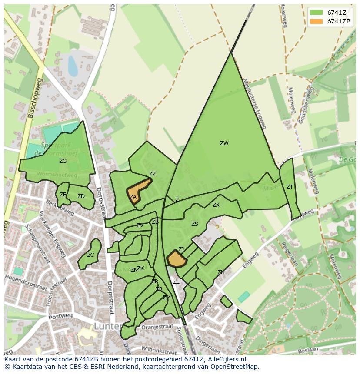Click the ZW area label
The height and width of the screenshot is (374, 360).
point(224,143)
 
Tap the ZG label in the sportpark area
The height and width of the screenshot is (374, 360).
point(63,161)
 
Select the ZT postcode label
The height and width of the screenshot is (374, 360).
point(290,187)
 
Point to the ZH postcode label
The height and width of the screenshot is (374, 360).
point(221,272)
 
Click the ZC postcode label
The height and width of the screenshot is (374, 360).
point(90,255)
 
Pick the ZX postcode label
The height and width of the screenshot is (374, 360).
point(216,205)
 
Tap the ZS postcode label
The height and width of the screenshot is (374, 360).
point(195,224)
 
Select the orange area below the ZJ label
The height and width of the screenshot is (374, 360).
point(177,260)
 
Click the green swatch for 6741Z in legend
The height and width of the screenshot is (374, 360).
point(316,13)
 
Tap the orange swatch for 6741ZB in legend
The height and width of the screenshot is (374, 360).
point(316,21)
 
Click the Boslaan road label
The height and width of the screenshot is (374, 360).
point(309,349)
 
